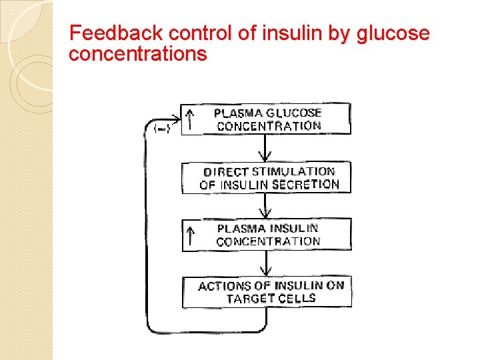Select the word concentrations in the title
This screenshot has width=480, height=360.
pos(138,54)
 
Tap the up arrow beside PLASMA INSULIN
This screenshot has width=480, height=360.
pos(191,235)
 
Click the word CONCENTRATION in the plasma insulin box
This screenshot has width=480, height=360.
pos(268,242)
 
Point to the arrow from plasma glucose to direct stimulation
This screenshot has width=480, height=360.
pos(267,148)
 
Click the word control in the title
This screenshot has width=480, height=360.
pos(190,33)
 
